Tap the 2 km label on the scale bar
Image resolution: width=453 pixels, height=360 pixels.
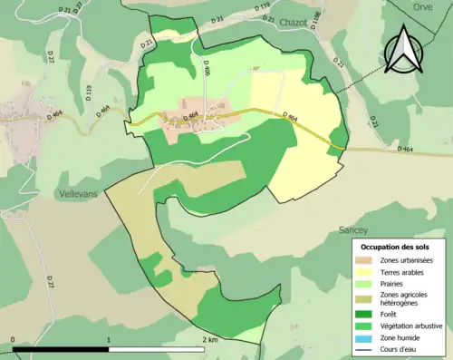click(208, 339)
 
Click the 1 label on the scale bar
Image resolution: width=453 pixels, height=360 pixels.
click(109, 339)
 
